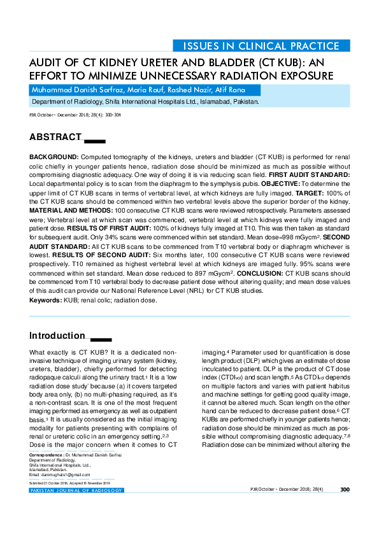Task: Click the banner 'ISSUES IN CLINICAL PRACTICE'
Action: pyautogui.click(x=261, y=46)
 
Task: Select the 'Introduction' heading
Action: pyautogui.click(x=57, y=335)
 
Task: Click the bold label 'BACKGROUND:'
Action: pyautogui.click(x=54, y=157)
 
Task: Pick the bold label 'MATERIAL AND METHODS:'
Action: pyautogui.click(x=71, y=210)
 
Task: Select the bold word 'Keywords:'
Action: pyautogui.click(x=45, y=299)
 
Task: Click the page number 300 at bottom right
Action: pyautogui.click(x=345, y=490)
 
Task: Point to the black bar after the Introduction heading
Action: pyautogui.click(x=101, y=339)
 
